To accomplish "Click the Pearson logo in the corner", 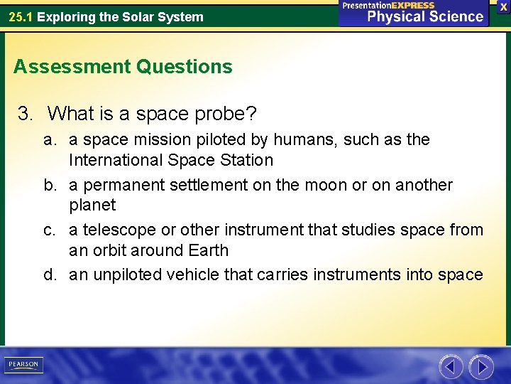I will point(23,365).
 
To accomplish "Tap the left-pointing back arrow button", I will point(451,367).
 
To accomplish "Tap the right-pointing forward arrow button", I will point(481,367).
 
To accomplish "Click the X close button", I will point(502,6).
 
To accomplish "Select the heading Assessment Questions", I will point(123,67).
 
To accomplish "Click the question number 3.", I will point(25,113).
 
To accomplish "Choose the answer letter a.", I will point(49,139).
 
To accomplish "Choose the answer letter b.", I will point(49,185).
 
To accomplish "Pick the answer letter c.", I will point(49,230).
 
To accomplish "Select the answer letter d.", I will point(49,274).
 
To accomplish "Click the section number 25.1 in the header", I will point(21,16).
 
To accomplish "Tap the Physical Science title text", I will point(425,16).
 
